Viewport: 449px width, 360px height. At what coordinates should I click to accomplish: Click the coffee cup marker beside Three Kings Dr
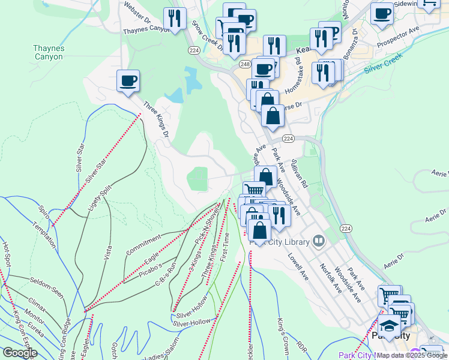click(128, 80)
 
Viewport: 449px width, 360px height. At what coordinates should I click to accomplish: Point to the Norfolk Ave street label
click(330, 278)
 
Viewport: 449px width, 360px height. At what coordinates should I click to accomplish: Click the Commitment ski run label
click(145, 245)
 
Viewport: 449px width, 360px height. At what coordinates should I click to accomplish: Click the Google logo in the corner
click(20, 353)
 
